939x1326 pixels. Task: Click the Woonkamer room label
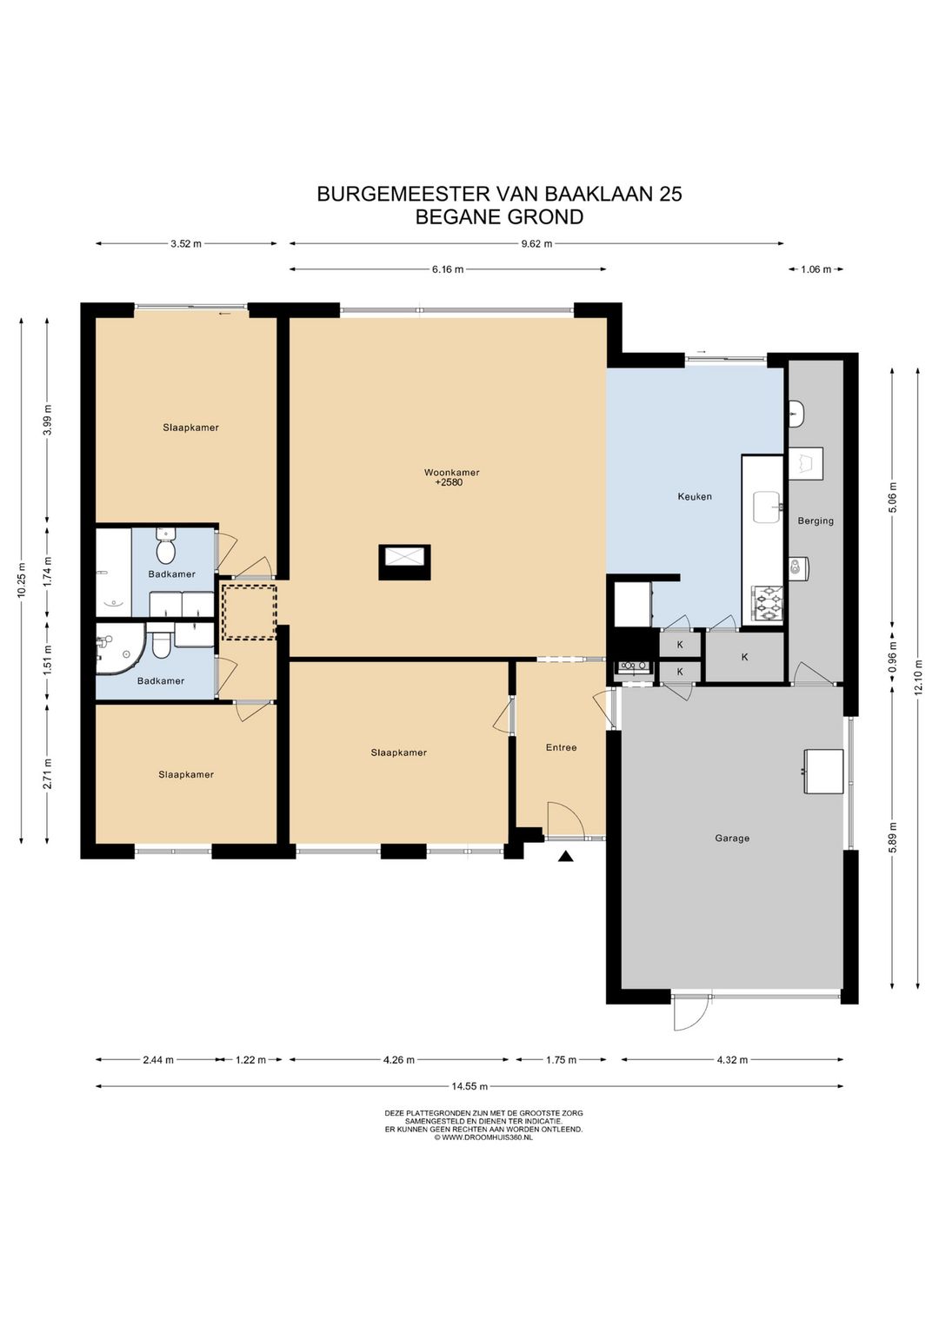point(451,473)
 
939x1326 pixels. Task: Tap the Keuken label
point(695,497)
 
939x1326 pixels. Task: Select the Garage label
point(732,839)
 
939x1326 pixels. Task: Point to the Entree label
point(561,747)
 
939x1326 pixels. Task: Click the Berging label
point(816,521)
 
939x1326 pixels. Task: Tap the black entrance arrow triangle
point(567,857)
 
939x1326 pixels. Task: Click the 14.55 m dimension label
point(469,1085)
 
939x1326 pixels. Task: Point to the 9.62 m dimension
point(536,243)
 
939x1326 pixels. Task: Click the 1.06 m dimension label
point(816,269)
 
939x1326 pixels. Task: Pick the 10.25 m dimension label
point(22,580)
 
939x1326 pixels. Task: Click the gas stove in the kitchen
point(767,605)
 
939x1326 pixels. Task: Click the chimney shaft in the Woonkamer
point(404,562)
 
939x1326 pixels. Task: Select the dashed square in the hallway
point(249,612)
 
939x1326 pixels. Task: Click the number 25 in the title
point(670,194)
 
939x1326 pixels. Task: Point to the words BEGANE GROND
point(499,217)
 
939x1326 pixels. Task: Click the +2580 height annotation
point(449,482)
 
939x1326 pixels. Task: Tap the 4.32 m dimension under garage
point(732,1059)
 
